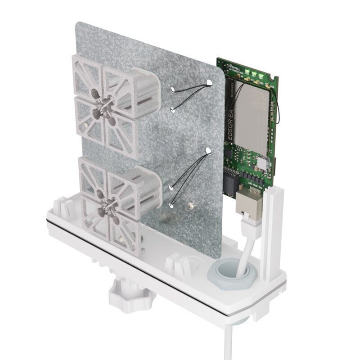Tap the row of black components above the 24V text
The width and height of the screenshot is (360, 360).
[252, 177]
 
